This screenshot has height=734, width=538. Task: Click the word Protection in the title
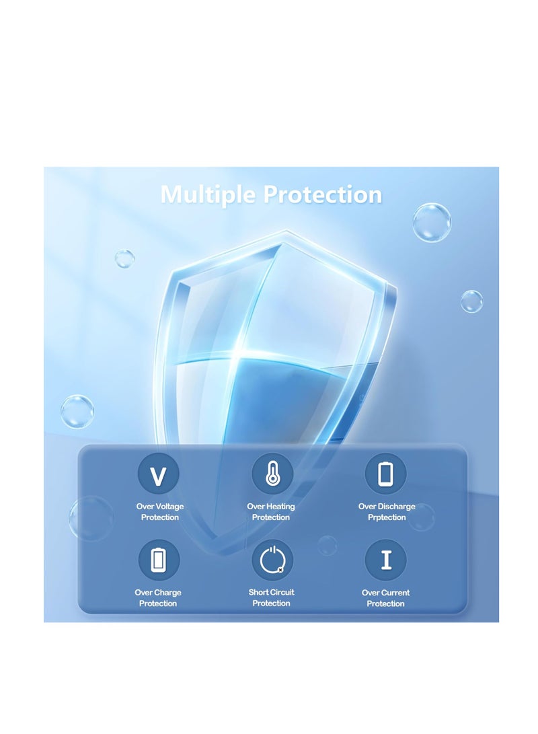pos(322,194)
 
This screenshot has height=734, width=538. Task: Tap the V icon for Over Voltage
pos(158,474)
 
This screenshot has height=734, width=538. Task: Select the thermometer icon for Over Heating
pos(272,474)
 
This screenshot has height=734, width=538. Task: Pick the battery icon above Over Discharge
pos(385,474)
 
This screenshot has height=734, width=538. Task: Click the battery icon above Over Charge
pos(159,560)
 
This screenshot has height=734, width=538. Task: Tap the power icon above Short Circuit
pos(272,560)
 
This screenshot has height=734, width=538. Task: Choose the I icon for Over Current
pos(386,560)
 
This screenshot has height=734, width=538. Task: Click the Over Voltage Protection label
pos(160,511)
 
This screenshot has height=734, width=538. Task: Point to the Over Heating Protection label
pos(271,511)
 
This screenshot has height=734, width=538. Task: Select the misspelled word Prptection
pos(387,517)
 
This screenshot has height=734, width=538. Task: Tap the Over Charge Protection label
pos(158,598)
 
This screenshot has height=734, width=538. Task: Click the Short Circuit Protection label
pos(271,597)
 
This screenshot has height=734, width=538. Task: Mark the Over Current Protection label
pos(385,598)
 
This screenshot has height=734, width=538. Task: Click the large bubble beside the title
pos(431,223)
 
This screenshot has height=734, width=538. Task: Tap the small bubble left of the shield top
pos(124,259)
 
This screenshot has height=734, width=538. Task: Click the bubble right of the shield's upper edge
pos(471,301)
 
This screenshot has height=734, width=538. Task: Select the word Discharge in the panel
pos(396,506)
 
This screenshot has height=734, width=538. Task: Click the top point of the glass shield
pos(286,230)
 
